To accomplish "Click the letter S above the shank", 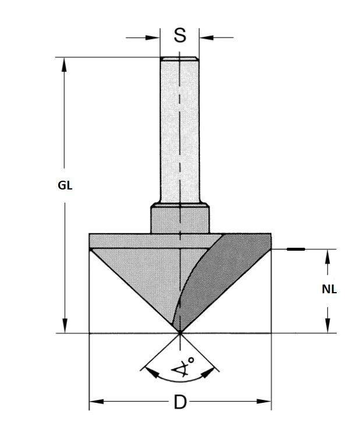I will [x=180, y=36].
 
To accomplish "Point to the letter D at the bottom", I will [x=181, y=402].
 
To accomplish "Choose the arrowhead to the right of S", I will [x=206, y=38].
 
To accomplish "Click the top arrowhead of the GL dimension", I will [x=65, y=64].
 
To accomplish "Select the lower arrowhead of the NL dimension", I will [x=329, y=326].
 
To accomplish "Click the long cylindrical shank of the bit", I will [x=179, y=128].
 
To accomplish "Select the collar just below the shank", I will [x=179, y=219].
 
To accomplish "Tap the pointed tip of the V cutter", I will [x=180, y=333].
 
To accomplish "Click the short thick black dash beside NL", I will [x=295, y=250].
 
